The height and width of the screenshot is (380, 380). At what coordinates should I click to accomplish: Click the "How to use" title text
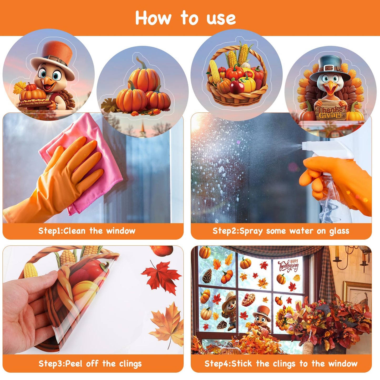(185, 18)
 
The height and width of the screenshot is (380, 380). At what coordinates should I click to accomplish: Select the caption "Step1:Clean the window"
(87, 231)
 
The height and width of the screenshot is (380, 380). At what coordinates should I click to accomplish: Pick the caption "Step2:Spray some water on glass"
(281, 231)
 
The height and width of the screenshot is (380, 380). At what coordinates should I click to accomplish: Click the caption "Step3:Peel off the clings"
(90, 364)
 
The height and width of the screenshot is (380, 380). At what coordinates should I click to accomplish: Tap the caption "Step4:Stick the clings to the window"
(281, 364)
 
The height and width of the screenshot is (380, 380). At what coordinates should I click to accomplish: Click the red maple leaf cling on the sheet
(162, 276)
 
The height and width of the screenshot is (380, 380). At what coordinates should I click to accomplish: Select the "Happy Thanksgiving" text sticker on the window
(289, 266)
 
